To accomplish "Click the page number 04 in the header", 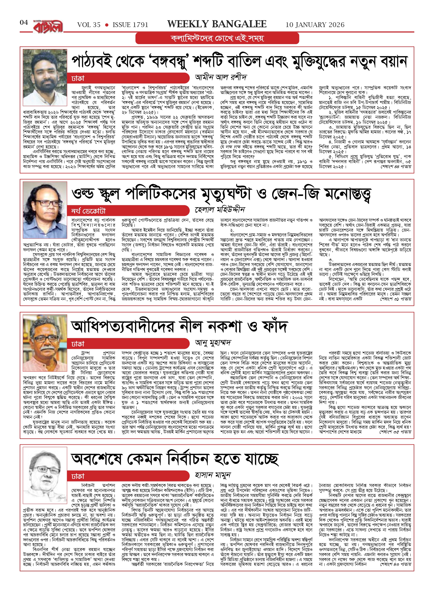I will coord(24,23).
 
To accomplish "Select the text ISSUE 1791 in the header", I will coord(130,25).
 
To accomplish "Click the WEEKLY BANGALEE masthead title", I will coord(217,24).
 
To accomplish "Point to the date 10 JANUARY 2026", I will coord(315,25).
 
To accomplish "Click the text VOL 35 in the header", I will coord(89,25).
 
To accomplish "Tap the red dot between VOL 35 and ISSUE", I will coord(107,25).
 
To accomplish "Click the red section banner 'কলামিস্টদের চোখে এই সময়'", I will coord(217,38).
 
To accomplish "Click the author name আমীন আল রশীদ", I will coord(221,77).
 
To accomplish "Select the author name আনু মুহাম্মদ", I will coord(213,343).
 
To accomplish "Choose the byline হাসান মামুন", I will coord(213,475).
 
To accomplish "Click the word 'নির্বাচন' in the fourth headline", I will coord(188,459).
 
